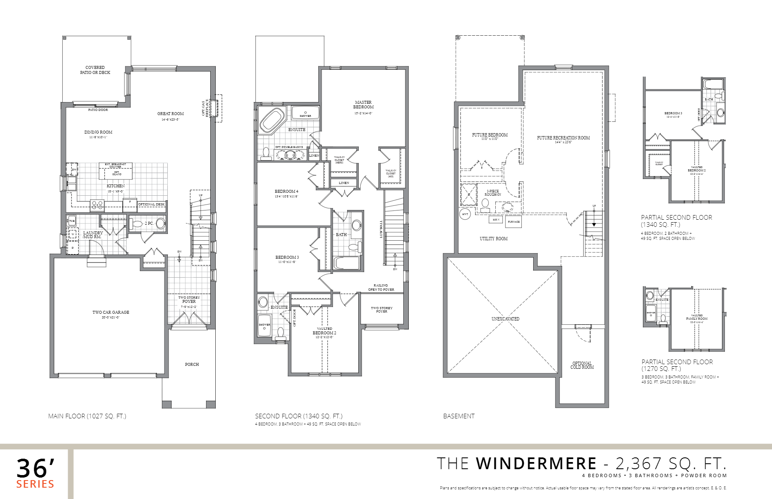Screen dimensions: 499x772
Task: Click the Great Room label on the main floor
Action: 170,114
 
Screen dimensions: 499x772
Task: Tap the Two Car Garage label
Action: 111,313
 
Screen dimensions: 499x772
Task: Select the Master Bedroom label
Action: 363,105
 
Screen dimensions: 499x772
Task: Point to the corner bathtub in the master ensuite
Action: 272,120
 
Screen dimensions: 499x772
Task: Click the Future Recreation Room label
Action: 563,138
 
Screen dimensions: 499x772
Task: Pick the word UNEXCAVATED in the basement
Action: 505,319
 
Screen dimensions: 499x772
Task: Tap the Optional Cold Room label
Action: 582,365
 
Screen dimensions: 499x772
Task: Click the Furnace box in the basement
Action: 513,221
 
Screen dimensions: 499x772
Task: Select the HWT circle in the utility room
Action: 465,214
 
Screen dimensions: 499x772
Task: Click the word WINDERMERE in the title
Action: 536,464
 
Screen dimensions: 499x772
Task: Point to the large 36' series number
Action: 35,468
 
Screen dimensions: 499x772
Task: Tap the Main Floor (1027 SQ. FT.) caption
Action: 87,416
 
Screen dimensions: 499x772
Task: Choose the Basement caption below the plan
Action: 459,416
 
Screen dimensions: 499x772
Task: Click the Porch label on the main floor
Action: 192,365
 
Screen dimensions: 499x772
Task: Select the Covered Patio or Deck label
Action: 95,70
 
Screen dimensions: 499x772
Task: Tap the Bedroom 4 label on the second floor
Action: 286,192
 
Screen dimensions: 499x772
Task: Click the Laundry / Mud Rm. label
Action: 93,234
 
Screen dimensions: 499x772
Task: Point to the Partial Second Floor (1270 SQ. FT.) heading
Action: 677,365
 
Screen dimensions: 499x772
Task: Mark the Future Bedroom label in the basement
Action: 489,135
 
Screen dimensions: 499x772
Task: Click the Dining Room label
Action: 98,132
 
